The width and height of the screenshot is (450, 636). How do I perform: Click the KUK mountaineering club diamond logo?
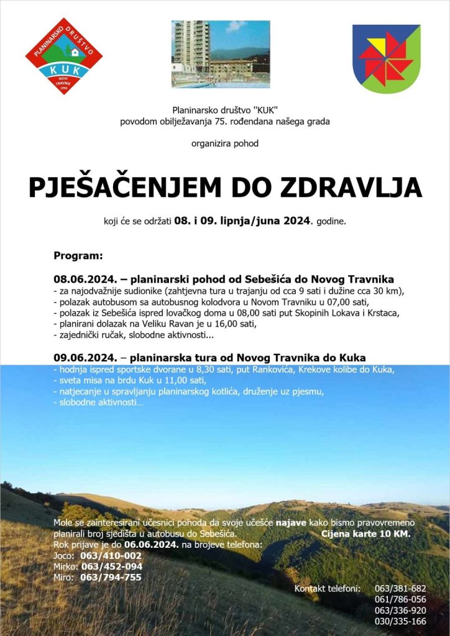point(64,56)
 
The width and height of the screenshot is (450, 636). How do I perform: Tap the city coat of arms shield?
point(386,58)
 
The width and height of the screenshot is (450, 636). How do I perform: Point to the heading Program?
point(78,255)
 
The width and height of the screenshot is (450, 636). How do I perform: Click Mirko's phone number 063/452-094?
point(112,566)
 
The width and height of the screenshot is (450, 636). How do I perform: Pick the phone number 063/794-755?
point(111,577)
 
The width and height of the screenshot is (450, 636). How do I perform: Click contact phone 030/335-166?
point(400,621)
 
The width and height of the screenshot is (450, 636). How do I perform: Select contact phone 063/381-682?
point(400,588)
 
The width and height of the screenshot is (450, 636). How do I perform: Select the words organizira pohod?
point(225,143)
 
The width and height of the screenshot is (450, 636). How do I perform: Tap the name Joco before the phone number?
point(63,555)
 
